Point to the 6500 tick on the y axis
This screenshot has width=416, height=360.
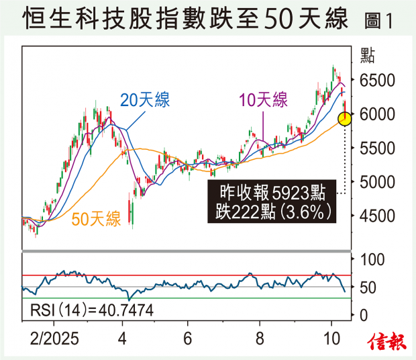point(376,81)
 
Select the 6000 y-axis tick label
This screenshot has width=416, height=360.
point(376,114)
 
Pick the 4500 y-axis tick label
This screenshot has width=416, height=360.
point(376,216)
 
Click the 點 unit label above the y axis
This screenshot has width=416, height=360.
point(368,54)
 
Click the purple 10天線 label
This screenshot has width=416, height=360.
point(262,101)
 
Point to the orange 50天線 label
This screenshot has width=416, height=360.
point(96,218)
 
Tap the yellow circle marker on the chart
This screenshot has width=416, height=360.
point(345,119)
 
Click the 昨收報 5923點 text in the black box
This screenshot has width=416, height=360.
point(272,195)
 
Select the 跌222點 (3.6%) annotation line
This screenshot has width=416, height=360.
point(272,213)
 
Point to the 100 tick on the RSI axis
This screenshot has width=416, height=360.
point(372,260)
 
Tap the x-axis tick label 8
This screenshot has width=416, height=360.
point(260,338)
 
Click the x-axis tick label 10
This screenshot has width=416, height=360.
point(331,338)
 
